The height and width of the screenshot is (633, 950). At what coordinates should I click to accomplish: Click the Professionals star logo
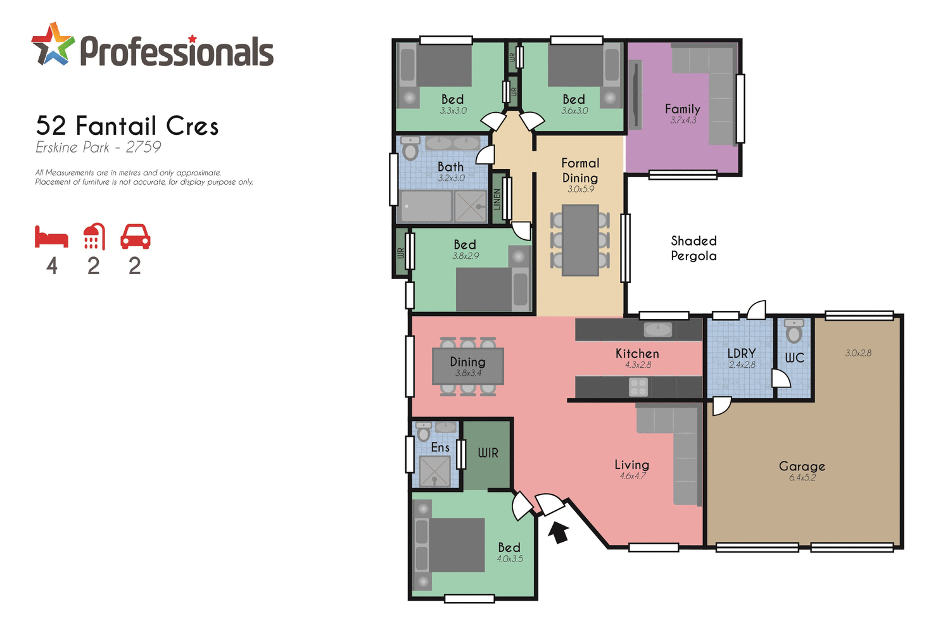pyautogui.click(x=53, y=44)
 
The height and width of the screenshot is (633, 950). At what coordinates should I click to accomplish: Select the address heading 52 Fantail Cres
pyautogui.click(x=127, y=126)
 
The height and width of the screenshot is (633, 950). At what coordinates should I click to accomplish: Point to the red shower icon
pyautogui.click(x=94, y=237)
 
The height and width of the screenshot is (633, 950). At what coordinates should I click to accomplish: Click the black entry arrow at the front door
pyautogui.click(x=557, y=532)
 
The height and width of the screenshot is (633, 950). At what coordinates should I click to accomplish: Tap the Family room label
pyautogui.click(x=682, y=109)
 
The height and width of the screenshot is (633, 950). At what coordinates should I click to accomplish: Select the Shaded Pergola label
pyautogui.click(x=693, y=248)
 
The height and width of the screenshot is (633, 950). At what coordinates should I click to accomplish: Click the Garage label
pyautogui.click(x=802, y=466)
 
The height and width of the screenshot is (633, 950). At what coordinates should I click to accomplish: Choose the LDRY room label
pyautogui.click(x=741, y=353)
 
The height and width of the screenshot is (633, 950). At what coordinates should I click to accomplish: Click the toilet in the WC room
pyautogui.click(x=794, y=330)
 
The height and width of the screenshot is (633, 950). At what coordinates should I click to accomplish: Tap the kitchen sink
pyautogui.click(x=658, y=330)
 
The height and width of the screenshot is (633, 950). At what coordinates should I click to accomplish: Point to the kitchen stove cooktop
pyautogui.click(x=638, y=387)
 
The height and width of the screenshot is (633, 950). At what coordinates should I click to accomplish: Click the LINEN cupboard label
pyautogui.click(x=497, y=199)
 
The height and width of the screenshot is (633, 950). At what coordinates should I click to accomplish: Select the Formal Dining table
pyautogui.click(x=580, y=241)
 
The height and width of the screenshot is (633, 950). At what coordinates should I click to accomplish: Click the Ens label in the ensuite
pyautogui.click(x=440, y=448)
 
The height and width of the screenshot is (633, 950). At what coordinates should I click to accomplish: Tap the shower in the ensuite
pyautogui.click(x=434, y=472)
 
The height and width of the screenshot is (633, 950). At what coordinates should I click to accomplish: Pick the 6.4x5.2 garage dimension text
pyautogui.click(x=802, y=478)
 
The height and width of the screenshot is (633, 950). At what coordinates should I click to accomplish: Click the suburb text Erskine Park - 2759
pyautogui.click(x=98, y=147)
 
